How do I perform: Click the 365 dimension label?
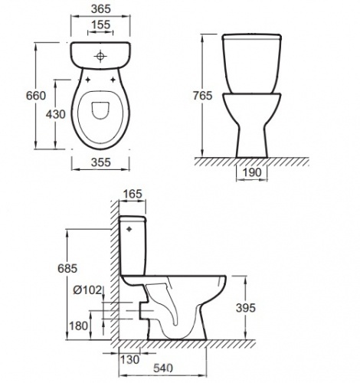click(101, 9)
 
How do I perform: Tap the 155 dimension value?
click(100, 25)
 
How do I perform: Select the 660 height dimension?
click(36, 96)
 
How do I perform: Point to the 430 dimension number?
click(56, 114)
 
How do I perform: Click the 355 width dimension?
click(101, 162)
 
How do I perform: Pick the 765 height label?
click(202, 96)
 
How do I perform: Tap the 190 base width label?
click(252, 172)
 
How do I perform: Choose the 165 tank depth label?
click(133, 194)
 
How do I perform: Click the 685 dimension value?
click(67, 268)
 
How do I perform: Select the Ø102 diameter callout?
click(87, 290)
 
